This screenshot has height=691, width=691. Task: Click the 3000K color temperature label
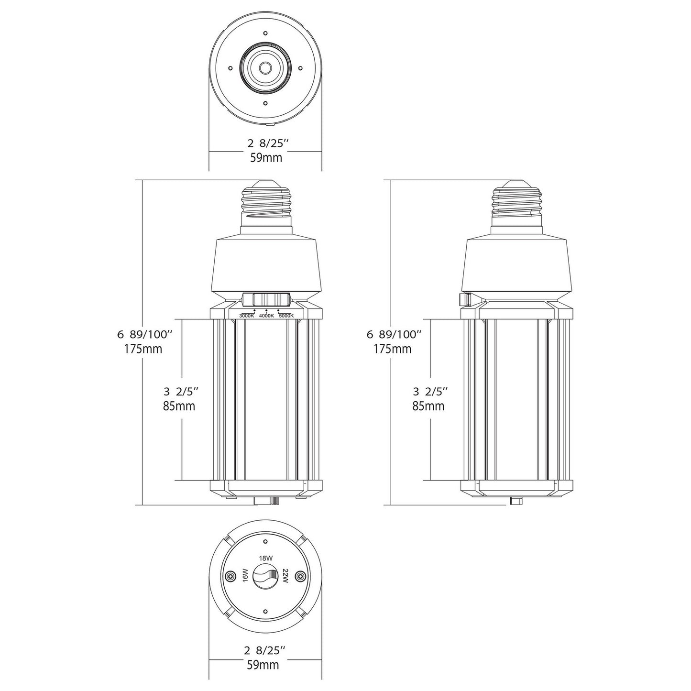point(246,316)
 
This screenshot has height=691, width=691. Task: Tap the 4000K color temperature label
point(266,316)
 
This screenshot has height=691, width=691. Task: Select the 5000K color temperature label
point(286,316)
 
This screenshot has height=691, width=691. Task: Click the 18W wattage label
point(266,559)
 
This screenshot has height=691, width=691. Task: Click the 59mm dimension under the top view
point(266,157)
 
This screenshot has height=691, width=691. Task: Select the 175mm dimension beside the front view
point(143,349)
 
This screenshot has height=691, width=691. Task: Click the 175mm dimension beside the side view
point(393,349)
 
